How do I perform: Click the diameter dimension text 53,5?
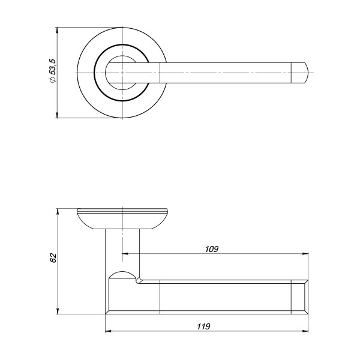53,71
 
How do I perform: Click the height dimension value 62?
53,257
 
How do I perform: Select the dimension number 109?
211,248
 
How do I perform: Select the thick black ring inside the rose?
96,73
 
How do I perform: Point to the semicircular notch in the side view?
122,275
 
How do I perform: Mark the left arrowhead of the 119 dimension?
108,331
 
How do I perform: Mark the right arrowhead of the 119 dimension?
305,331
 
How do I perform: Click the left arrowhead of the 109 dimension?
125,253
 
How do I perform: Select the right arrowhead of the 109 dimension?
305,253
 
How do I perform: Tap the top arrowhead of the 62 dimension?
58,212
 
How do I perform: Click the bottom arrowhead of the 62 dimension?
58,310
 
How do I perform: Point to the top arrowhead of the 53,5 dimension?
58,30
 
